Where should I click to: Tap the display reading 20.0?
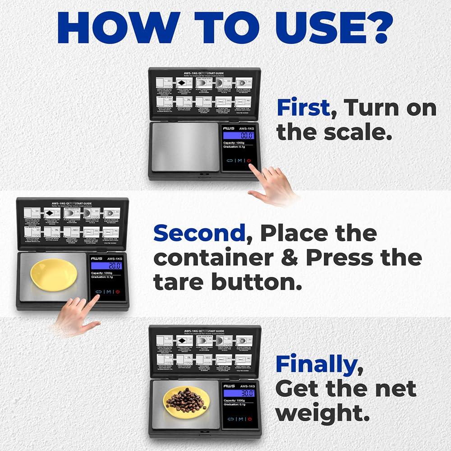pos(106,266)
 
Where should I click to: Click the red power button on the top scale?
pos(249,161)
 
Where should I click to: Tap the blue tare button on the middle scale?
pos(98,291)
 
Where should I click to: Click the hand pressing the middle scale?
pos(77,315)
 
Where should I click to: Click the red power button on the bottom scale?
pos(249,419)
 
